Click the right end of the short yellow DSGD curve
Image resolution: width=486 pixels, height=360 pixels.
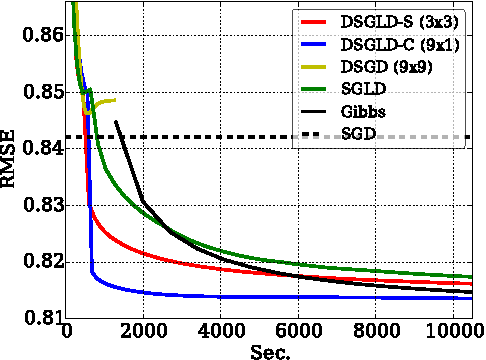115,100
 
